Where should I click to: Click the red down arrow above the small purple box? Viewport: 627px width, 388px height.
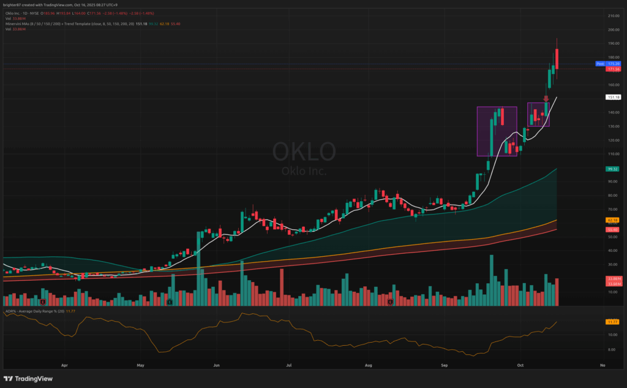[546, 98]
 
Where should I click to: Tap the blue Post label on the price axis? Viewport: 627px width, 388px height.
[600, 64]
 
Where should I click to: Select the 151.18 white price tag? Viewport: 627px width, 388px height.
[613, 97]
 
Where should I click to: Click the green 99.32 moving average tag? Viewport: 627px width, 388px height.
[612, 169]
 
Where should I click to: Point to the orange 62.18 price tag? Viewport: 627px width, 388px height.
[612, 219]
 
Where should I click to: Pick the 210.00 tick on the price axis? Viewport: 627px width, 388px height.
[612, 15]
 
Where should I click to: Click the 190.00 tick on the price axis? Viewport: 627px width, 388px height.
[612, 44]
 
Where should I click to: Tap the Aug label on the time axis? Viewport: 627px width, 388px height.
[369, 365]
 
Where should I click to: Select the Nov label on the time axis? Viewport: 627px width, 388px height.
[603, 365]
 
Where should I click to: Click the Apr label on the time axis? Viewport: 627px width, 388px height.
[64, 365]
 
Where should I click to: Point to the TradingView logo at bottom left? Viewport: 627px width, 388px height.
[29, 379]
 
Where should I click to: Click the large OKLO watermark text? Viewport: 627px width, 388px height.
[304, 151]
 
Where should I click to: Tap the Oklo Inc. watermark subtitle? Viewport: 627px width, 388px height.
[304, 171]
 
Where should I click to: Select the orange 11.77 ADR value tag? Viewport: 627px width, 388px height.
[612, 322]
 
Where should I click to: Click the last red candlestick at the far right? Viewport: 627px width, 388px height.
[557, 63]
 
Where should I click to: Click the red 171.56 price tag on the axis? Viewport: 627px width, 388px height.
[613, 70]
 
